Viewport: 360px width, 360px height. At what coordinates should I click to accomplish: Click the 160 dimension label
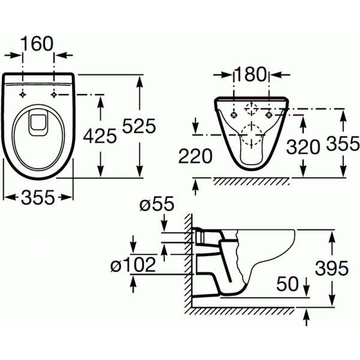pos(37,44)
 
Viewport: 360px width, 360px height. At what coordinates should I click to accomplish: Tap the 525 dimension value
pos(139,126)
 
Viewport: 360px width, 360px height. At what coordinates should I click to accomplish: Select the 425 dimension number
pos(100,136)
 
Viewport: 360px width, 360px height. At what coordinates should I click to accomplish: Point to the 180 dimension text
pos(251,74)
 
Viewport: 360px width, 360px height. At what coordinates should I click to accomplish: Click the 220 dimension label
pos(196,156)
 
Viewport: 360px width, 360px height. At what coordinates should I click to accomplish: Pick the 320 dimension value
pos(303,147)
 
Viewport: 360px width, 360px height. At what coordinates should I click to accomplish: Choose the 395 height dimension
pos(332,268)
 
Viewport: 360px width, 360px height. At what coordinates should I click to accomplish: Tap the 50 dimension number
pos(287,284)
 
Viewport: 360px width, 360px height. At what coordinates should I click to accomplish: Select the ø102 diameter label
pos(133,265)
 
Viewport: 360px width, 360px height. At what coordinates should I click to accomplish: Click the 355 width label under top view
pos(38,197)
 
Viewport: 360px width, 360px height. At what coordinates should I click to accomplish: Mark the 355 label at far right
pos(343,143)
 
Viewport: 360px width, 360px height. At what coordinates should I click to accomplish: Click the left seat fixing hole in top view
pos(23,95)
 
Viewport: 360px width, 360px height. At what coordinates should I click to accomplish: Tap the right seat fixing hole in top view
pos(54,95)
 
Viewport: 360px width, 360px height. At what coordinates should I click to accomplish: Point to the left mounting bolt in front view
pos(234,115)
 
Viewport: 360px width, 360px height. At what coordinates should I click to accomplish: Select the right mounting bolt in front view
pos(269,115)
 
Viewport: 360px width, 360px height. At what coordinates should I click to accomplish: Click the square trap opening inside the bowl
pos(38,123)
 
